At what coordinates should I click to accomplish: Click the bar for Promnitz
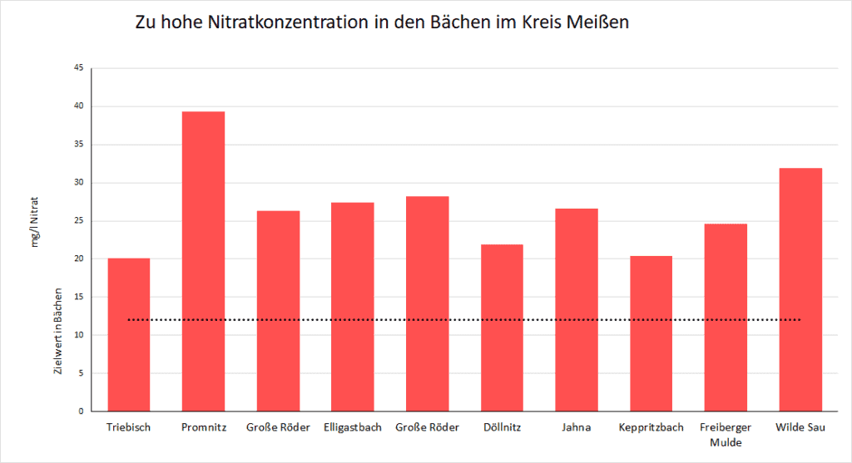coord(203,261)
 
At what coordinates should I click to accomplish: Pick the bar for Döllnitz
coord(502,328)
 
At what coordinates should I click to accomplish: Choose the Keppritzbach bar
coord(651,333)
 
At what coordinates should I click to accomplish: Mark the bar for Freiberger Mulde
coord(725,317)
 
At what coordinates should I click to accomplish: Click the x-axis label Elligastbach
coord(352,427)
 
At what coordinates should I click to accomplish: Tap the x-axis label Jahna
coord(576,427)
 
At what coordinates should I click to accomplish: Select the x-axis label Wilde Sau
coord(799,427)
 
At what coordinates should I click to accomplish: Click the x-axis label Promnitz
coord(203,427)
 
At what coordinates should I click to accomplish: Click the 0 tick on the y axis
coord(80,411)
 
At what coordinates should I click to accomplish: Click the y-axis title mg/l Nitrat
coord(36,220)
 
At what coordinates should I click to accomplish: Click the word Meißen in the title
coord(598,22)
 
